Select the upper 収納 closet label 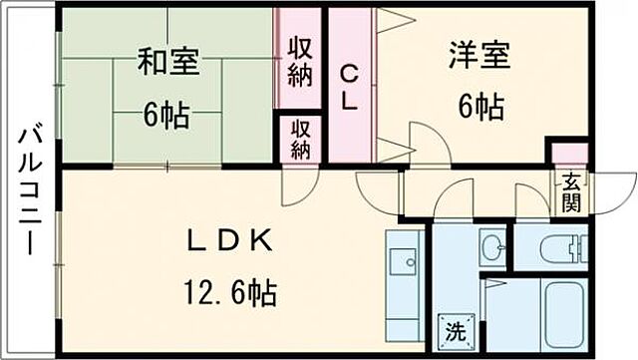tap(301, 62)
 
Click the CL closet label tap(351, 88)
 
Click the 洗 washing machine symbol tap(453, 329)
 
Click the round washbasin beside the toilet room tap(491, 246)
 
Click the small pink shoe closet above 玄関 tap(569, 155)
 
